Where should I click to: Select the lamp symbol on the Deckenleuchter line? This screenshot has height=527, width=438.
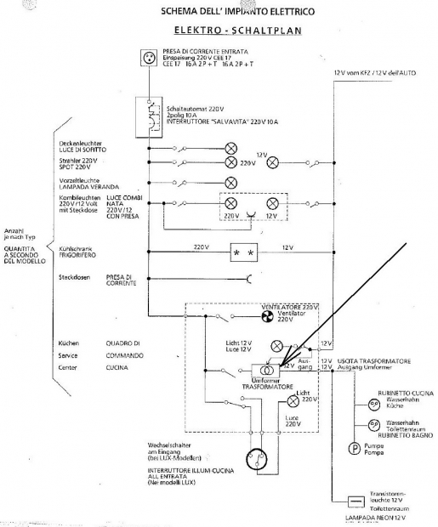230,147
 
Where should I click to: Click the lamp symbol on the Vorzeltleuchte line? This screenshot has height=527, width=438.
230,183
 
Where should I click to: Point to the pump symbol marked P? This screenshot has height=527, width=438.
353,448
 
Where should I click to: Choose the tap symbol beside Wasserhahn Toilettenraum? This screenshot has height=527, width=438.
373,424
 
